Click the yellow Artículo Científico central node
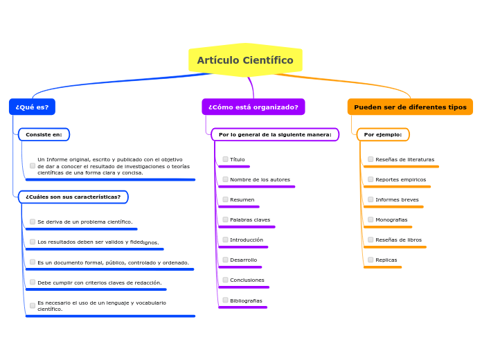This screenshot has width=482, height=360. click(245, 60)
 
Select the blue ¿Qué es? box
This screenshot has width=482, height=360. click(32, 107)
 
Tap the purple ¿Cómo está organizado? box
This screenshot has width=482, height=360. click(253, 107)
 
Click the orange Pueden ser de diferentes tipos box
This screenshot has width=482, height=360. click(410, 107)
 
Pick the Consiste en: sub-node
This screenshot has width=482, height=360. click(44, 134)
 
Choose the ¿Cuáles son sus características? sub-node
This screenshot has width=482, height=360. click(73, 197)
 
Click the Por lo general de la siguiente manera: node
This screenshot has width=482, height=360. click(275, 134)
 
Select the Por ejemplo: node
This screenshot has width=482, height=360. click(383, 134)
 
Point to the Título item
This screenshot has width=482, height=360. click(237, 159)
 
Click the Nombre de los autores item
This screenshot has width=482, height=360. click(260, 179)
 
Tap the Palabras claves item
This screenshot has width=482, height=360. click(250, 219)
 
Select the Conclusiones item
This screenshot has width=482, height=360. click(247, 280)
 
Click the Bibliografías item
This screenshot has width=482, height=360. click(246, 300)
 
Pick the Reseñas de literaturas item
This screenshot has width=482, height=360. click(404, 159)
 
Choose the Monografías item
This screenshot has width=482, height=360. click(391, 219)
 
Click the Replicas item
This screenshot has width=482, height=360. click(386, 260)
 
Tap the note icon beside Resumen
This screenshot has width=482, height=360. click(225, 199)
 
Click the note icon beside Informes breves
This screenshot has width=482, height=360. click(371, 199)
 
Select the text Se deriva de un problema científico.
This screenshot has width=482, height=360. click(84, 222)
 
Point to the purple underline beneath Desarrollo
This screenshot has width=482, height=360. click(240, 267)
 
